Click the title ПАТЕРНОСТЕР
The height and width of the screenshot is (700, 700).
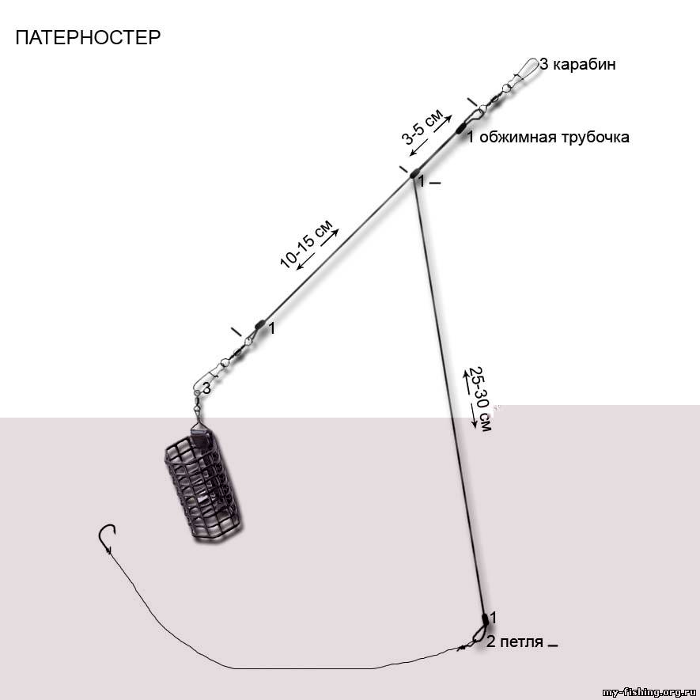[88, 37]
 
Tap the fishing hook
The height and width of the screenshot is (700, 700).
[107, 537]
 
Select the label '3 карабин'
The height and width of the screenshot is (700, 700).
[577, 64]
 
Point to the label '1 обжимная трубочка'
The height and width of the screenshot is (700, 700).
[548, 137]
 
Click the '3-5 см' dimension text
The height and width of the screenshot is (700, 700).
[422, 127]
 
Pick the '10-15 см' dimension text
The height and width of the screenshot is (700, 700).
[306, 244]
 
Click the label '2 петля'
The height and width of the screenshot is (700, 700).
[515, 642]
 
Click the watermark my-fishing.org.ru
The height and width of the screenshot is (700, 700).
[650, 693]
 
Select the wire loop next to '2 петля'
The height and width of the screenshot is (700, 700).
[479, 634]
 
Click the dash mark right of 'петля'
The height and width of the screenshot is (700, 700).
[553, 645]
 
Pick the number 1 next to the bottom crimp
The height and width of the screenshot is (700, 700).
[493, 618]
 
